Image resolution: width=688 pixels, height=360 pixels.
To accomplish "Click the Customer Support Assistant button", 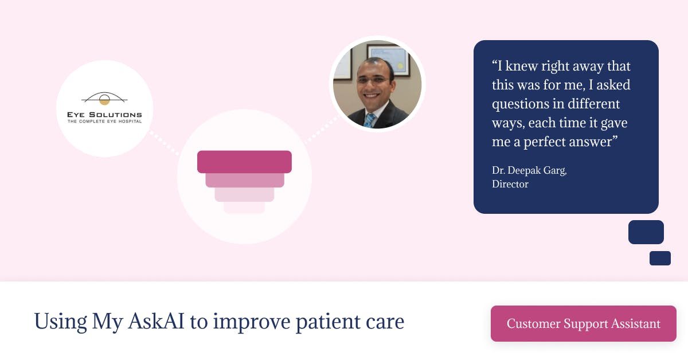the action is tap(583, 323).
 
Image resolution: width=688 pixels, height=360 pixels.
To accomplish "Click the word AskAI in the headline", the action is tap(156, 321).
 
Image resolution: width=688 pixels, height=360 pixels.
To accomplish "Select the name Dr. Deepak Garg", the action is tap(529, 170).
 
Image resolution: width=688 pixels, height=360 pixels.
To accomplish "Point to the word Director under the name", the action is tap(510, 184).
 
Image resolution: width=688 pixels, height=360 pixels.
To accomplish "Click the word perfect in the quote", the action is tap(544, 142).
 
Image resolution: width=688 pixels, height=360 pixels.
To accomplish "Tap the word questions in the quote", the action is tap(520, 104).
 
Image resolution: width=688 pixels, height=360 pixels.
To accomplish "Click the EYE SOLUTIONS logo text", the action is tap(104, 115).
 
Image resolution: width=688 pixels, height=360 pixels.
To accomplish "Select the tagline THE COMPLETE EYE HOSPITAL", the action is tap(104, 122).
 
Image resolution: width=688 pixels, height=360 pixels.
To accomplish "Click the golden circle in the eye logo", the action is tap(104, 100).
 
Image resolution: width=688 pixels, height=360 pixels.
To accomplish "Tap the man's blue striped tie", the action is tap(369, 120).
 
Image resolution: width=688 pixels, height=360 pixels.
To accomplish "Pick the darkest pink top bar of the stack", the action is tap(244, 162).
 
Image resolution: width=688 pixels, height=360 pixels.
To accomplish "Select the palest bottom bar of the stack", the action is tap(244, 208).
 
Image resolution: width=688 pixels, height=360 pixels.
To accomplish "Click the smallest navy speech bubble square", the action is tap(660, 258).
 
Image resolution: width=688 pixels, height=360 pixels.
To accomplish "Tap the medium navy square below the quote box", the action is tap(646, 232).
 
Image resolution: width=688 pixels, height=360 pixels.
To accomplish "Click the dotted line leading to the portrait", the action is tap(322, 130).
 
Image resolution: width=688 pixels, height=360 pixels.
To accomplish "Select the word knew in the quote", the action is tap(521, 66).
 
